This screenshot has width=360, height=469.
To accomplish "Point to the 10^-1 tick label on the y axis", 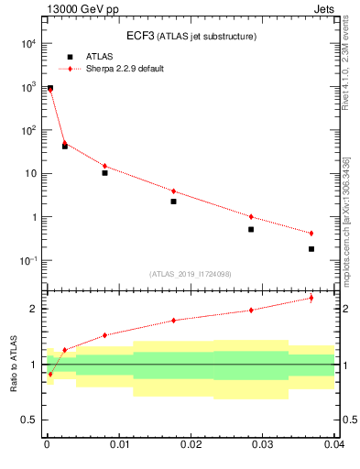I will click(28, 261).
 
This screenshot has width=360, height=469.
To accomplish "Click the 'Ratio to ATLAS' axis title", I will click(13, 365).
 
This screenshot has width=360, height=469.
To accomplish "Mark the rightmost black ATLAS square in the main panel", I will click(311, 249).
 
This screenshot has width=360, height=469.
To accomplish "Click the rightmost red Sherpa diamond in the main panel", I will click(311, 234).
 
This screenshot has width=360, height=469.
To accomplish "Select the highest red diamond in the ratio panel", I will click(311, 298).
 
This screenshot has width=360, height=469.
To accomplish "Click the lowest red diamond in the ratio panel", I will click(49, 374).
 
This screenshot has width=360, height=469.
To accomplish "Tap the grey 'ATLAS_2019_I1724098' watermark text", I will click(191, 274).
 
